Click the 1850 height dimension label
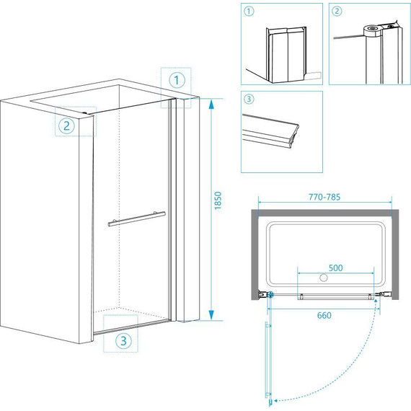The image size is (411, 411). [218, 200]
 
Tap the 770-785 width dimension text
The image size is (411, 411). [324, 197]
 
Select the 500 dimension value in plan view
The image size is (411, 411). [335, 268]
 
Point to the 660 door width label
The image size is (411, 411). [324, 315]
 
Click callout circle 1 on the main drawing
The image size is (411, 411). [177, 80]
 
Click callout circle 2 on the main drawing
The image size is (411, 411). [66, 126]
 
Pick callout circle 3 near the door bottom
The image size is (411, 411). [123, 341]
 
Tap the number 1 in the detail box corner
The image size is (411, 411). [249, 12]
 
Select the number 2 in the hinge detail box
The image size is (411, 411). [337, 12]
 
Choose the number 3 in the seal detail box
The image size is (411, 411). [249, 99]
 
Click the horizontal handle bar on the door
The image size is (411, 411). [137, 219]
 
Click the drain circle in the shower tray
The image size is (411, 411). [324, 278]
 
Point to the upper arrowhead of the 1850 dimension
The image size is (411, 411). [211, 104]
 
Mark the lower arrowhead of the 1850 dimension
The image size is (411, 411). [211, 315]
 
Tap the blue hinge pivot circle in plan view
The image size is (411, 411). [270, 295]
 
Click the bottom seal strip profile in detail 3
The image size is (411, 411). [270, 131]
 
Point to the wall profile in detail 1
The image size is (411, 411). [286, 55]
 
